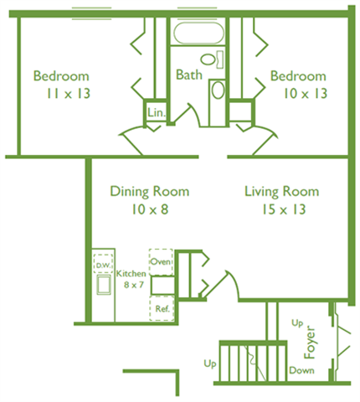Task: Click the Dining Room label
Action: (x=150, y=191)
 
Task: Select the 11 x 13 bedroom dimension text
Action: (x=61, y=94)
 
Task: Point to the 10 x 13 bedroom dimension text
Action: (x=298, y=94)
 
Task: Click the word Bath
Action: (x=188, y=75)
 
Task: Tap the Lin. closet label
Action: (x=156, y=112)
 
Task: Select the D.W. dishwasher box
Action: (x=103, y=265)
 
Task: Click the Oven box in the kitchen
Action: (x=161, y=260)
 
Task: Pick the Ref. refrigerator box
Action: (x=162, y=308)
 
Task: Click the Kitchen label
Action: (x=131, y=274)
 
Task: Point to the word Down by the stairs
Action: (x=301, y=369)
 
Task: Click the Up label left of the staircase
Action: (x=210, y=364)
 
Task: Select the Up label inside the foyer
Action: (x=296, y=322)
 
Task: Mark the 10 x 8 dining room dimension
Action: (x=150, y=209)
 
